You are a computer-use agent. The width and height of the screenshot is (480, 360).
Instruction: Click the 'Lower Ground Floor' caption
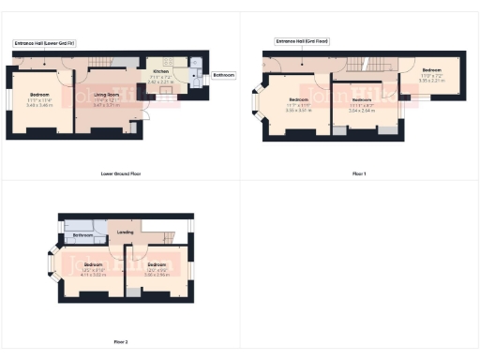(x=120, y=173)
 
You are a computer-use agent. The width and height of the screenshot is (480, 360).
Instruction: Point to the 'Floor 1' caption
(x=359, y=173)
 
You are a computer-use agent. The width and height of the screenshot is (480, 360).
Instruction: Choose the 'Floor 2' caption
(x=121, y=341)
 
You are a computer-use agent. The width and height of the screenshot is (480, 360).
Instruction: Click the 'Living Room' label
(x=105, y=95)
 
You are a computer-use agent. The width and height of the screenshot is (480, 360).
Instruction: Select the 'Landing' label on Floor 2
(x=125, y=232)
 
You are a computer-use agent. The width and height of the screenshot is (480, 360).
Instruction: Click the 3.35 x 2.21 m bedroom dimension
(x=431, y=81)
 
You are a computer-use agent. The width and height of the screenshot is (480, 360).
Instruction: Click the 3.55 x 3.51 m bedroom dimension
(x=299, y=109)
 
